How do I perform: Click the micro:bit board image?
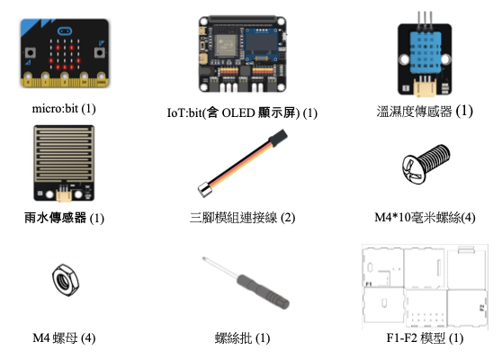point(65,53)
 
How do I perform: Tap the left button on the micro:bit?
point(30,52)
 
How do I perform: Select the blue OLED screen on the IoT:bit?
point(261,45)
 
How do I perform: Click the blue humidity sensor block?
point(425,49)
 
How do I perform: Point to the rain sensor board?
point(64,163)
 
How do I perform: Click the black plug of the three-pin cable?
point(279,137)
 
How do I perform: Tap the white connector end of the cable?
point(205,189)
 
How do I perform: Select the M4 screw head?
point(412,169)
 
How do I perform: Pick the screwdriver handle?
point(263,292)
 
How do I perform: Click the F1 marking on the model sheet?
point(369,283)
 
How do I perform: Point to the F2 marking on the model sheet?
point(482,308)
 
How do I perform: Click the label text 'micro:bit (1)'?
point(64,109)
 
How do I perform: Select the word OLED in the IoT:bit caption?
point(238,112)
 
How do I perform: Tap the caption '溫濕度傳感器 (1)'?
point(425,111)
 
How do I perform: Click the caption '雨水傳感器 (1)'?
point(64,218)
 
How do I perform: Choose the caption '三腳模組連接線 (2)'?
point(242,218)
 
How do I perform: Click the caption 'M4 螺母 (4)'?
point(64,337)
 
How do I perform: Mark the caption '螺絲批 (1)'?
point(242,337)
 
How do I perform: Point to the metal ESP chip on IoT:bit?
point(227,44)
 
